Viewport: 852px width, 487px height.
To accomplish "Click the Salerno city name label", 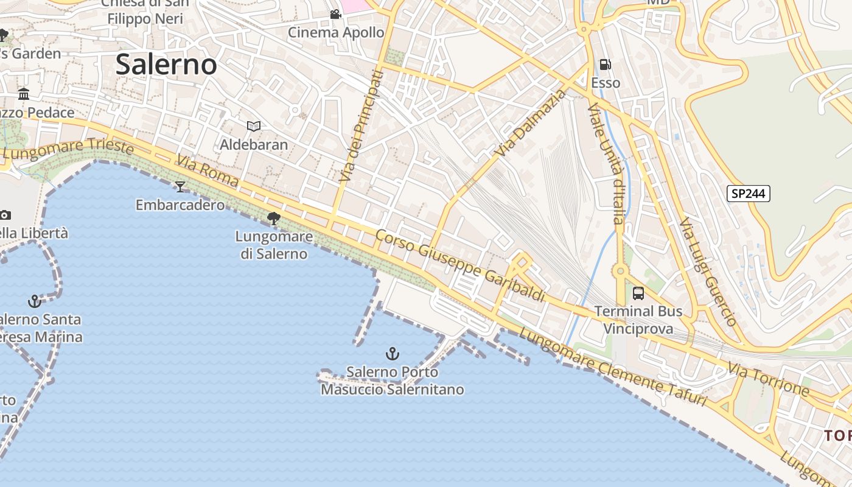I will [166, 64].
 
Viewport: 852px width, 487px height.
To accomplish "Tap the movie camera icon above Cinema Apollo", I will [335, 14].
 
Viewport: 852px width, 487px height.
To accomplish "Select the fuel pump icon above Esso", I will [606, 65].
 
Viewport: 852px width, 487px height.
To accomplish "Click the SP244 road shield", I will [749, 194].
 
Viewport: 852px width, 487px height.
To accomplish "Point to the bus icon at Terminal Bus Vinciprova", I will [638, 293].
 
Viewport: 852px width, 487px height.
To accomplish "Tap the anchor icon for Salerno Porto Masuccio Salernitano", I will [393, 353].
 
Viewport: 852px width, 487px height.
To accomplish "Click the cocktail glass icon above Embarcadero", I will [180, 186].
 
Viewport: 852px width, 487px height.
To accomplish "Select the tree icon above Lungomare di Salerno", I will [274, 218].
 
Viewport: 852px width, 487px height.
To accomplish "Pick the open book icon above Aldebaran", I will [254, 126].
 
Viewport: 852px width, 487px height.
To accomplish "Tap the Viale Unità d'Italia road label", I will [606, 163].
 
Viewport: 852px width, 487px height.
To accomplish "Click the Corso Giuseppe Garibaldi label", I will [460, 265].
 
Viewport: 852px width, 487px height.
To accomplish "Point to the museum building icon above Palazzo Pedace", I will [24, 94].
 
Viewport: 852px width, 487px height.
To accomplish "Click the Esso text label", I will [606, 83].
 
